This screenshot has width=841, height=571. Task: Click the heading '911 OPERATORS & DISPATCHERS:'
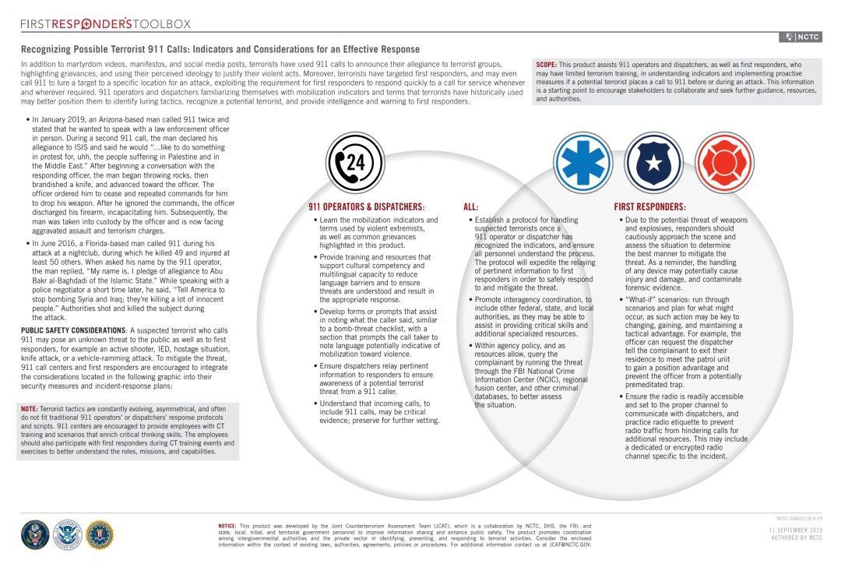tap(366, 207)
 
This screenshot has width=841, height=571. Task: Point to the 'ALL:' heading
tap(471, 207)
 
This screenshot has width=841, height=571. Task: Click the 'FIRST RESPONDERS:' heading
tap(649, 207)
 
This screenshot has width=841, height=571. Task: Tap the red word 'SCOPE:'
tap(546, 65)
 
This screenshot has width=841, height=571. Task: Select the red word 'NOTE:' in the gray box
tap(29, 409)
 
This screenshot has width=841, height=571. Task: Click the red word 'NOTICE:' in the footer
tap(228, 526)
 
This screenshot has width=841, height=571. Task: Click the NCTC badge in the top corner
tap(801, 37)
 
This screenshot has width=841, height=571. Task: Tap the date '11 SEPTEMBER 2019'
tap(795, 530)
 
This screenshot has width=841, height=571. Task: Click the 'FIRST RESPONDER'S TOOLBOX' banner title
tap(106, 24)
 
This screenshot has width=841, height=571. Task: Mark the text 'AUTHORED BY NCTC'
tap(796, 538)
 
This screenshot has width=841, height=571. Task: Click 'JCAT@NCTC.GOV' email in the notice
tap(567, 545)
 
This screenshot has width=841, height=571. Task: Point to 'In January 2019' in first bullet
tap(57, 120)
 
